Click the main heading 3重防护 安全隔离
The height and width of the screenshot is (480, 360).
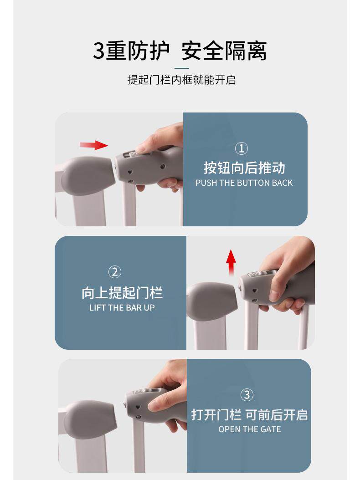coord(180,51)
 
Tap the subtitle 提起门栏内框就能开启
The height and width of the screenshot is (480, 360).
coord(181,80)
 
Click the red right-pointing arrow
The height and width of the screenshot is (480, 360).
coord(94,145)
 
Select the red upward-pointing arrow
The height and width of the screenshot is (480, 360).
coord(231,262)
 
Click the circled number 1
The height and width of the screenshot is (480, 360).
coord(242,148)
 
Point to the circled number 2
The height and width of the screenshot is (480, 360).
coord(115,272)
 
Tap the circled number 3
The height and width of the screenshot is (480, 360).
coord(247,395)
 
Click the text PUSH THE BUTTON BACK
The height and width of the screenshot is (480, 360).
coord(244,183)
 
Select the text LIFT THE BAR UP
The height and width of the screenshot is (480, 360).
coord(122,308)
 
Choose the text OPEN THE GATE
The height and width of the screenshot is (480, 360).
coord(249,429)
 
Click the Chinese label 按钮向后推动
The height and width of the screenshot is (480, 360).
coord(244,168)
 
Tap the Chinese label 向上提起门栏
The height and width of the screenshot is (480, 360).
coord(122,293)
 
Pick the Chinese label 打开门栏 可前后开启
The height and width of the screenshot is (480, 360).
coord(249,415)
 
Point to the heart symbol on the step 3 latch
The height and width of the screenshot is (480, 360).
coord(138,408)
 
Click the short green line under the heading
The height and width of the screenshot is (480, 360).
coord(181,68)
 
